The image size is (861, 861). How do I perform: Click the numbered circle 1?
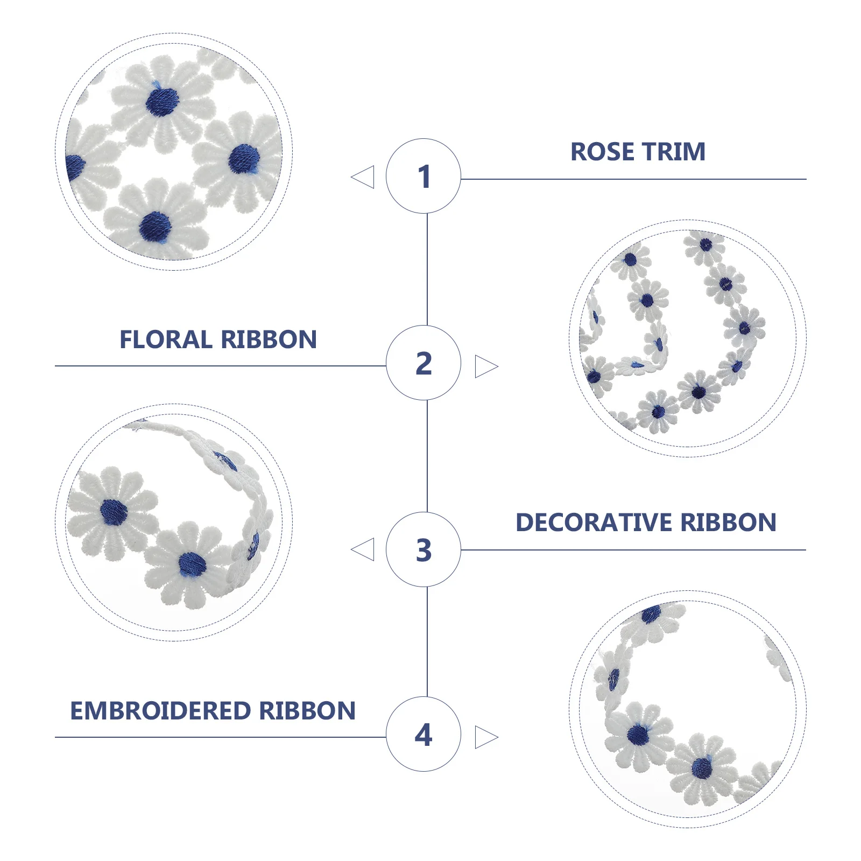click(424, 176)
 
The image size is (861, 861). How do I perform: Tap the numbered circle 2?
click(424, 363)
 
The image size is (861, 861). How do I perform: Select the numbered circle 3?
click(424, 549)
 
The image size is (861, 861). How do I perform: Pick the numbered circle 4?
click(424, 734)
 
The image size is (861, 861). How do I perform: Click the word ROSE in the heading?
click(602, 152)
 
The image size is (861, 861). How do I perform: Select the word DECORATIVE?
click(594, 523)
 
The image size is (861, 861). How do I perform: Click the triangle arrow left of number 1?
click(364, 177)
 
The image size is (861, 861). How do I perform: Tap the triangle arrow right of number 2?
click(485, 366)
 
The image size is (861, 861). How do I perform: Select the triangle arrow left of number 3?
click(364, 549)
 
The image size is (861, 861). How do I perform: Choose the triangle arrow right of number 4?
click(485, 737)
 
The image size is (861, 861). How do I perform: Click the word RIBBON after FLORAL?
click(269, 340)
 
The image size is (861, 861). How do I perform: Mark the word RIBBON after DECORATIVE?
click(728, 523)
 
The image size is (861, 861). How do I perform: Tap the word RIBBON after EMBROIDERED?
click(307, 711)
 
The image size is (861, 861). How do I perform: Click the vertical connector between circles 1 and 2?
click(427, 269)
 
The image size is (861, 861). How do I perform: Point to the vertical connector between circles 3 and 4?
click(427, 641)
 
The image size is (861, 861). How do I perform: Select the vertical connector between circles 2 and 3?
click(427, 456)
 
